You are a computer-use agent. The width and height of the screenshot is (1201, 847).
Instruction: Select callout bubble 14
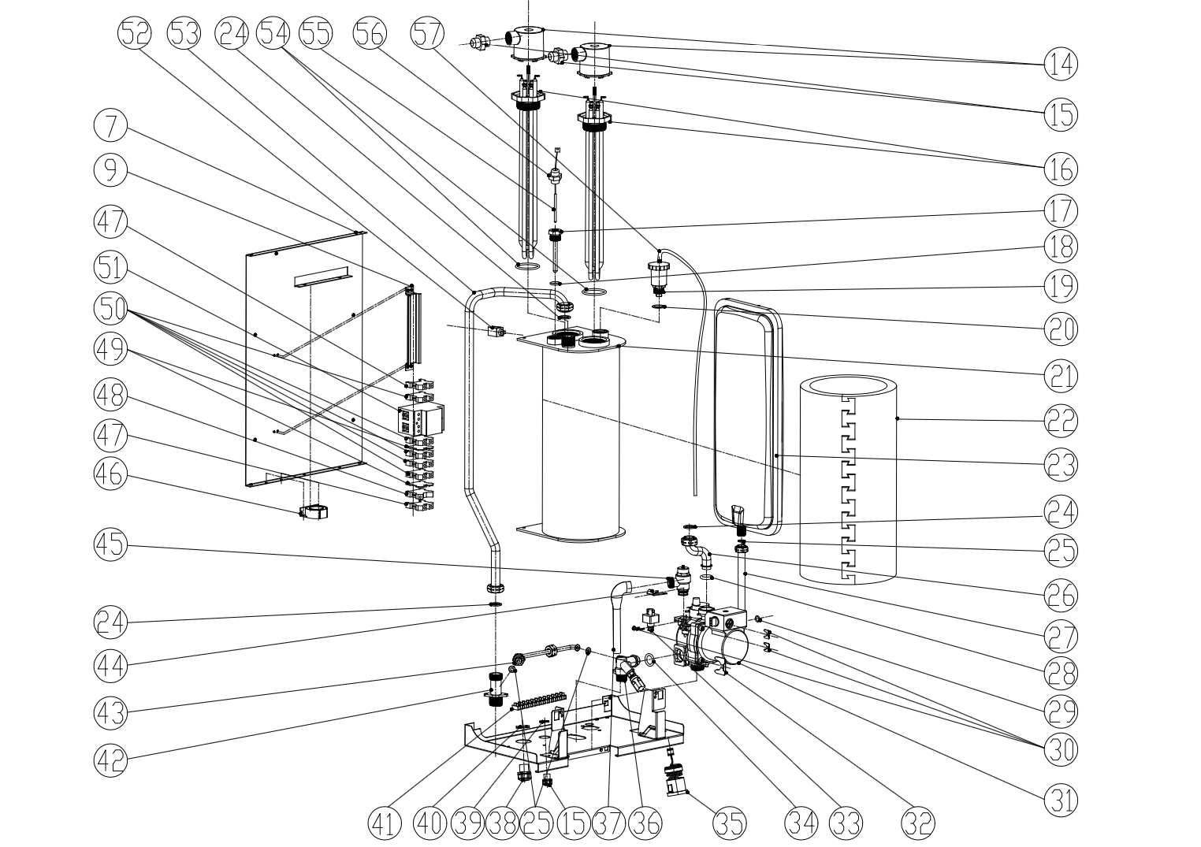[1061, 62]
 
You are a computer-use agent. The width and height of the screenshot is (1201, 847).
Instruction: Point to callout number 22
[1061, 422]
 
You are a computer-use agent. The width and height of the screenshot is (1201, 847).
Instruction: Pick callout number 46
[110, 475]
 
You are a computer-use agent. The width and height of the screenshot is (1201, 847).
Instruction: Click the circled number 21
[1061, 377]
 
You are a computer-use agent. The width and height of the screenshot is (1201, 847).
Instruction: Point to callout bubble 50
[110, 308]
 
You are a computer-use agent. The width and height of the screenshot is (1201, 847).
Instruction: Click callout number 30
[1061, 749]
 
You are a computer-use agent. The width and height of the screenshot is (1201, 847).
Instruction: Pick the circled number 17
[1061, 211]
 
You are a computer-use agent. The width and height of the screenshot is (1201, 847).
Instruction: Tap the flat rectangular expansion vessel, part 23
[745, 418]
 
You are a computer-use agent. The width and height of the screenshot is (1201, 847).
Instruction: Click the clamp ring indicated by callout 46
[314, 513]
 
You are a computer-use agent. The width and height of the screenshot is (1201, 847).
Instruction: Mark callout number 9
[110, 169]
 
